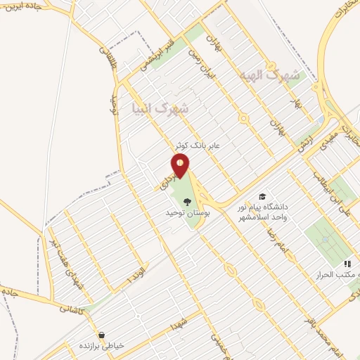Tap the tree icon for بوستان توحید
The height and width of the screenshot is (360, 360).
click(186, 202)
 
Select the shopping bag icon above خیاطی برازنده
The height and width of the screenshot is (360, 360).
click(103, 335)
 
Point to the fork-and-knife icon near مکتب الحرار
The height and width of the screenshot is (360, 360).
click(347, 264)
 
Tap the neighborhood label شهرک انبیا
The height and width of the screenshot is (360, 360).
click(160, 108)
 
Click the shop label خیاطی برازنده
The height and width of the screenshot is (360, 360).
click(101, 346)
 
